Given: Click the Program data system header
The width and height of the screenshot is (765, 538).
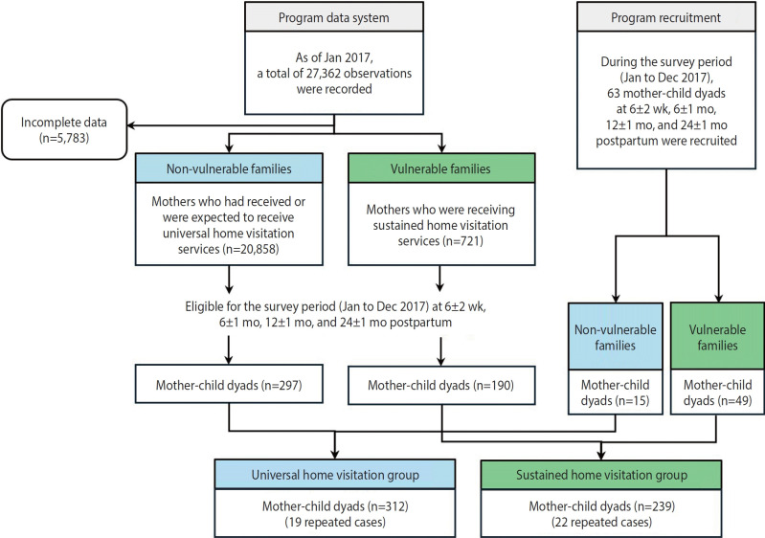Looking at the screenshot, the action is (x=334, y=17).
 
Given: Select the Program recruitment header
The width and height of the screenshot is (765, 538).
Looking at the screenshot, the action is (x=666, y=17).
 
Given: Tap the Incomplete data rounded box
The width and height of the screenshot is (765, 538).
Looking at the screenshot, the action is (x=64, y=130).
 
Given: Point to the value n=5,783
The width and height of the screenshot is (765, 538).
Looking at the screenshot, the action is (x=64, y=138).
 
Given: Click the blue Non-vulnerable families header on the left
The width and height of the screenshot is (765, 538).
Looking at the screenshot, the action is (x=229, y=168).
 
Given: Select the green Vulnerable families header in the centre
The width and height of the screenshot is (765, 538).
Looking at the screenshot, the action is (x=441, y=168).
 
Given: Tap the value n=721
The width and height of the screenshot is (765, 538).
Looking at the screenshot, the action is (x=462, y=241).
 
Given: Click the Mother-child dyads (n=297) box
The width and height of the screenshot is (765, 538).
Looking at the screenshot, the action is (x=229, y=385).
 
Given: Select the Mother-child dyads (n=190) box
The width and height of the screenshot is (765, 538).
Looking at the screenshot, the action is (x=441, y=386).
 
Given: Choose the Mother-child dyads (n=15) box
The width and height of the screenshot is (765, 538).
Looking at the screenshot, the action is (x=616, y=392).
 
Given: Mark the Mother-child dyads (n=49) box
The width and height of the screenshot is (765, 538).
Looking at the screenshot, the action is (x=717, y=392).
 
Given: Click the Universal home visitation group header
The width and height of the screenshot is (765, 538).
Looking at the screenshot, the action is (x=335, y=474).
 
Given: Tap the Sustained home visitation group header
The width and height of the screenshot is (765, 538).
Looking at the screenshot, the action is (x=601, y=474).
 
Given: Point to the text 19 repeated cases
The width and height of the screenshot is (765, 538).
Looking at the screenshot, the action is (x=335, y=522).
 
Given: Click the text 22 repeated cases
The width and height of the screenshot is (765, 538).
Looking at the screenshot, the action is (x=601, y=522).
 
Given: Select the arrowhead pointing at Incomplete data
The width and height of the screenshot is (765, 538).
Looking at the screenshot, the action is (x=131, y=125).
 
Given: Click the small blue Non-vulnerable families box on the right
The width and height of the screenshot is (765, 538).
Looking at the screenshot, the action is (x=616, y=337).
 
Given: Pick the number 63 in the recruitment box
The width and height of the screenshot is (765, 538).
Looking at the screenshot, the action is (x=614, y=93).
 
